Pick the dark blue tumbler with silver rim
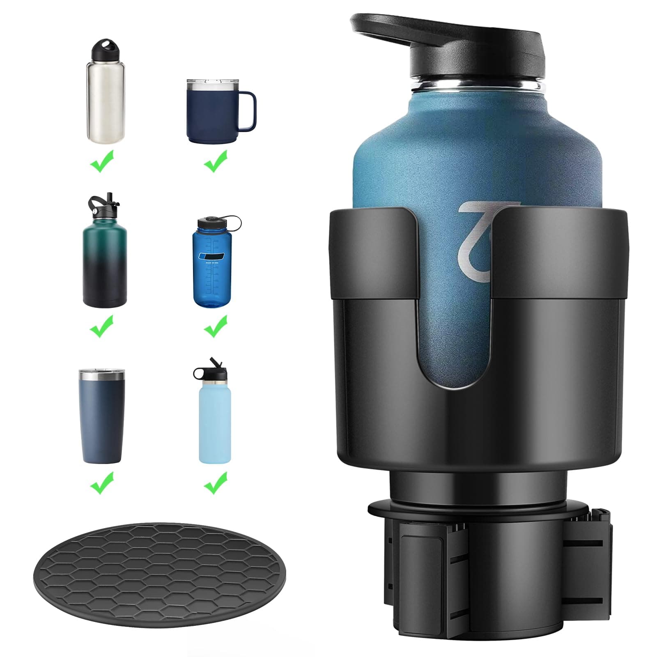point(101,419)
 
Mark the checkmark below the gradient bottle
point(101,326)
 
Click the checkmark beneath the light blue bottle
point(216,483)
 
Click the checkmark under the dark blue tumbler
point(101,483)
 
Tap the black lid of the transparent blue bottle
point(209,224)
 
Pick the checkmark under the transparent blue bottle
point(216,326)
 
